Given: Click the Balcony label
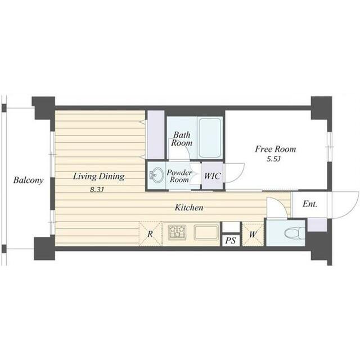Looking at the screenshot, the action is (28, 180).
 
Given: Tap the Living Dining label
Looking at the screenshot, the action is (99, 177).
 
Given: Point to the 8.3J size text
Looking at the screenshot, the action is (97, 190).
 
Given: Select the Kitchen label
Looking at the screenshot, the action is (189, 208).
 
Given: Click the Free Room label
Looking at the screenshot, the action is (275, 149).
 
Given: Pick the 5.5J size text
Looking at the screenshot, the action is (273, 159).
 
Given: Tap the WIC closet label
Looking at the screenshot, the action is (213, 176).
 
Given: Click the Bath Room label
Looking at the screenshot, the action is (182, 139).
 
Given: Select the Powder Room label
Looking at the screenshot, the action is (179, 176).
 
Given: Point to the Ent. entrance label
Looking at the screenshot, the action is (310, 204).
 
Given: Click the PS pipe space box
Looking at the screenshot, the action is (231, 240).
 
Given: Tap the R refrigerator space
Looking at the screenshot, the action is (150, 234).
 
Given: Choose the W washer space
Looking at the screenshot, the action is (253, 235).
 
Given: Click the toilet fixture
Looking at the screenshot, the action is (295, 233).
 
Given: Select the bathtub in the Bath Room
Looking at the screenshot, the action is (210, 138).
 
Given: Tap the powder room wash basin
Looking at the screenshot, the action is (156, 175).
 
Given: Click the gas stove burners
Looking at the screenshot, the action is (177, 232).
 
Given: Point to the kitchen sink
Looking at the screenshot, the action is (206, 232).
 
